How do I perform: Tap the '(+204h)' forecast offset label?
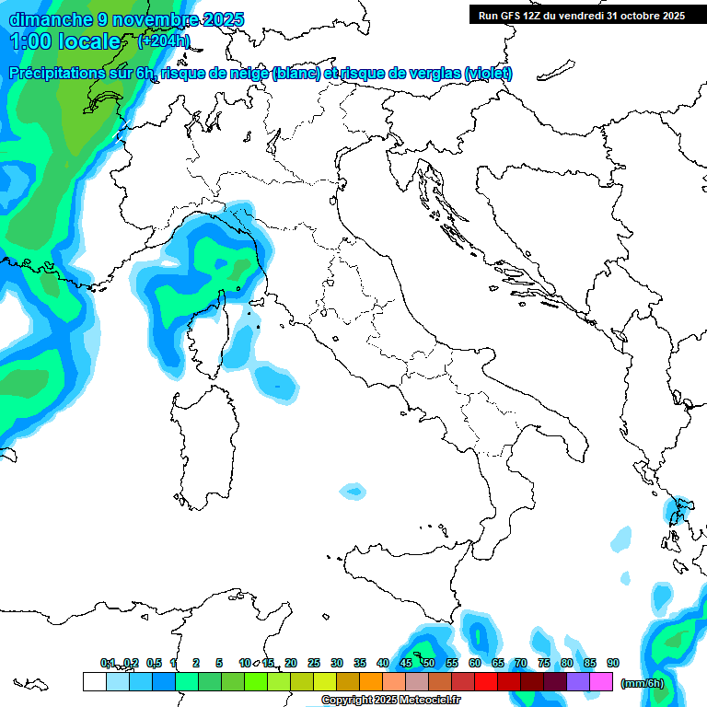(164, 41)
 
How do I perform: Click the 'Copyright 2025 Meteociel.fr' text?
(390, 701)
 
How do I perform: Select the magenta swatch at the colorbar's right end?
(602, 681)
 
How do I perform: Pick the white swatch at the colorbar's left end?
(94, 681)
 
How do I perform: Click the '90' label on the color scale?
(613, 663)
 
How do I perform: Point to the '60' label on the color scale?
(475, 663)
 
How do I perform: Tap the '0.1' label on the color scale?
(108, 663)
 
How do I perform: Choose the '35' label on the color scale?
(360, 663)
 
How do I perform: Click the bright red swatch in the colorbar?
(487, 681)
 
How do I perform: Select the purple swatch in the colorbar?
(579, 681)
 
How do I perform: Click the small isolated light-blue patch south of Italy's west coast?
(353, 492)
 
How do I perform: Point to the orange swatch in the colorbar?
(371, 681)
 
